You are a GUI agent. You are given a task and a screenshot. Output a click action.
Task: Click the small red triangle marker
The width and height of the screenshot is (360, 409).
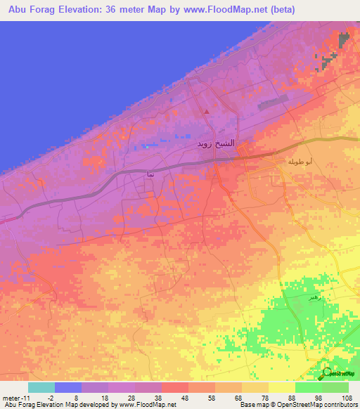pos(206,111)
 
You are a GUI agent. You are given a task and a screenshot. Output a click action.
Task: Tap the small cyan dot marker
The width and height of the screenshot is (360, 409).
pos(147,146)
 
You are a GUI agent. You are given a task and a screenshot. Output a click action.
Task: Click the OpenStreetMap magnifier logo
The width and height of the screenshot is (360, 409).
pos(328,373)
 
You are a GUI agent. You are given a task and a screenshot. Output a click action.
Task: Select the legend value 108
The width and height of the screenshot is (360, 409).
pos(345,397)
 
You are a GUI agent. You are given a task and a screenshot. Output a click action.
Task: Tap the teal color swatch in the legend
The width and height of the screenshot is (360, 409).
pos(41,387)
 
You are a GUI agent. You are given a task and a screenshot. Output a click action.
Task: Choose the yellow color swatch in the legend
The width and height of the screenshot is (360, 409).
pos(281,387)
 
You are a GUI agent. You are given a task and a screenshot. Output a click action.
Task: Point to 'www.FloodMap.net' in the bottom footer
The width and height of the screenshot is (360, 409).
pos(144,405)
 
